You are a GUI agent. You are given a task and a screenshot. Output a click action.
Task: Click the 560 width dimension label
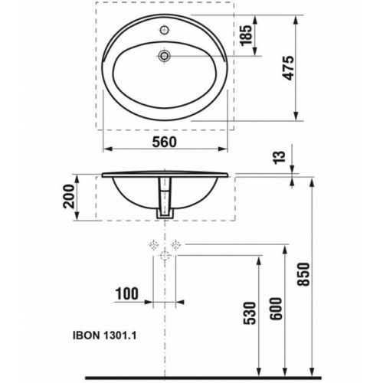coord(164,141)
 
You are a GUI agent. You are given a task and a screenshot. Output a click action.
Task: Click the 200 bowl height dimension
coord(70,198)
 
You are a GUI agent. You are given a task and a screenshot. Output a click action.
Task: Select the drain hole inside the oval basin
coord(164,55)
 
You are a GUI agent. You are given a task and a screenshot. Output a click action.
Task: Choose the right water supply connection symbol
coord(176,245)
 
